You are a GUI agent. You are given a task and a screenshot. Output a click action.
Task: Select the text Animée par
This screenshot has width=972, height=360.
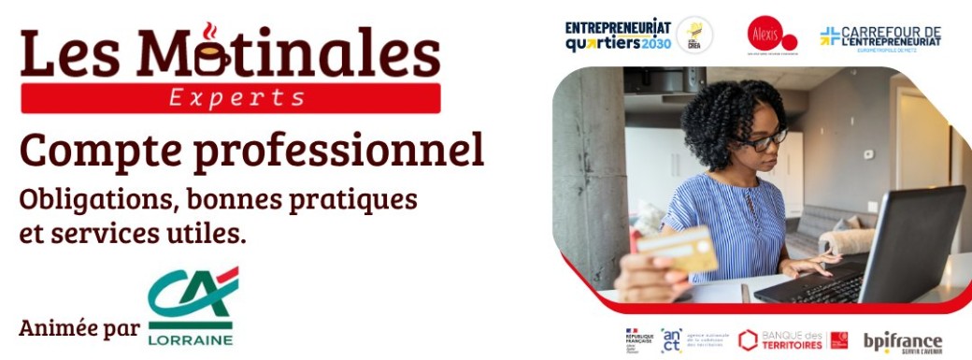click(x=79, y=328)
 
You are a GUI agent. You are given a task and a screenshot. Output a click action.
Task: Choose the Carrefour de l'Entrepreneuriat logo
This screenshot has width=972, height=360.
click(x=879, y=37)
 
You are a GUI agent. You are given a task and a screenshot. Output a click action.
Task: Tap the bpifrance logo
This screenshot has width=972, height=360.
click(x=902, y=341)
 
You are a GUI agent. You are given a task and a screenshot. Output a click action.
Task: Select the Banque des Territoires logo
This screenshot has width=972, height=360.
click(x=793, y=340)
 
